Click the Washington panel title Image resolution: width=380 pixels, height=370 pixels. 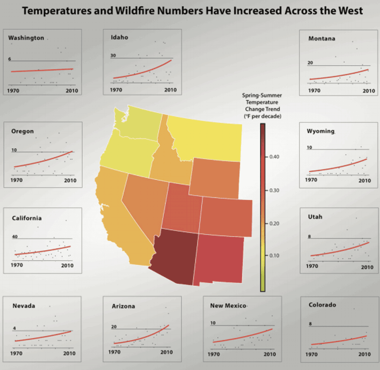(x=26, y=38)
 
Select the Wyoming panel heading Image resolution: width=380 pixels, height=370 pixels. (x=320, y=131)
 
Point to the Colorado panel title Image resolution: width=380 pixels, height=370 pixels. (x=322, y=305)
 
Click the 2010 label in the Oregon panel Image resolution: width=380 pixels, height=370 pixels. (x=70, y=180)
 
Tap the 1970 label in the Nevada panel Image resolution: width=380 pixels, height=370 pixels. (x=16, y=353)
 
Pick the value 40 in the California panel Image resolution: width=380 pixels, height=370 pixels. (x=15, y=237)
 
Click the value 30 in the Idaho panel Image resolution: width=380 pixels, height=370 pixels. (x=113, y=56)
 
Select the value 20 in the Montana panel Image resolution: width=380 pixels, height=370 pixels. (x=310, y=62)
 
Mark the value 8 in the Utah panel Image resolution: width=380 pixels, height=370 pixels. (x=309, y=237)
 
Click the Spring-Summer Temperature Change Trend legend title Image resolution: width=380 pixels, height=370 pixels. (x=262, y=105)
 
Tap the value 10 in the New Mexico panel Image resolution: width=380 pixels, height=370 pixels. (x=213, y=323)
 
